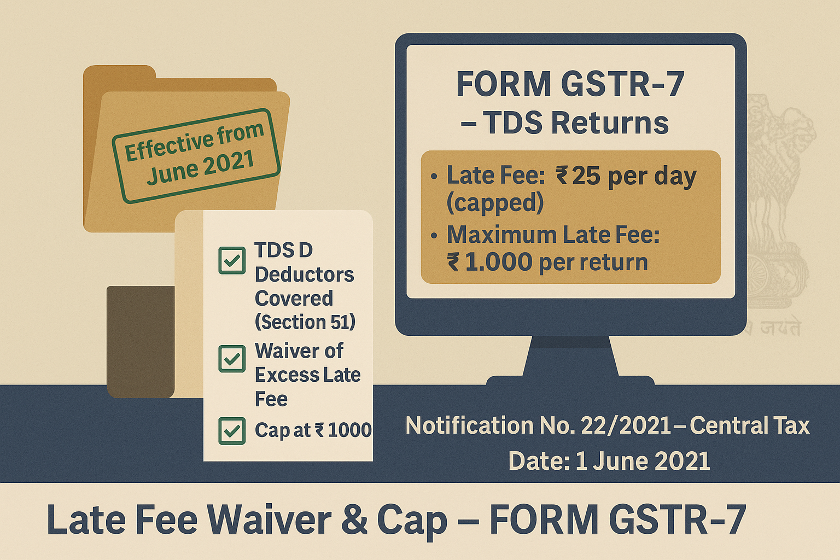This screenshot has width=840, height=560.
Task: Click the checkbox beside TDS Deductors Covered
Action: coord(232,260)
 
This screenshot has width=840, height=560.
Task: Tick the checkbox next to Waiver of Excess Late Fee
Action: coord(232,359)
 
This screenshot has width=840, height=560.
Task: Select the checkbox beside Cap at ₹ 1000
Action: coord(232,431)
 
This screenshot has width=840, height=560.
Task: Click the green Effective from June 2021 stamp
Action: coord(196,156)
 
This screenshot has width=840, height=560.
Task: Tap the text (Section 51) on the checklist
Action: coord(305,322)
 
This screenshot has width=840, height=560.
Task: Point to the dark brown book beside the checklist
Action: coord(141,342)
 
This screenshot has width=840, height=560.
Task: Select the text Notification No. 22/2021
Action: coord(538,425)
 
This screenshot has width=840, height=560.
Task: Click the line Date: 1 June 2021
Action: coord(609,461)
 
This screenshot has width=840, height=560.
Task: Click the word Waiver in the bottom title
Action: coord(270,519)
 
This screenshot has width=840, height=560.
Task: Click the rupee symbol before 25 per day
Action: coord(562,176)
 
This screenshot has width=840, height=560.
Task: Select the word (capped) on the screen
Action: coord(495,203)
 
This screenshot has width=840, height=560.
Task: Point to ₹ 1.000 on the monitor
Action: coord(490,262)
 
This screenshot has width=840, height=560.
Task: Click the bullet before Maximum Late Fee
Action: coord(434,236)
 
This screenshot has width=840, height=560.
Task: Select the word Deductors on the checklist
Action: coord(304,275)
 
